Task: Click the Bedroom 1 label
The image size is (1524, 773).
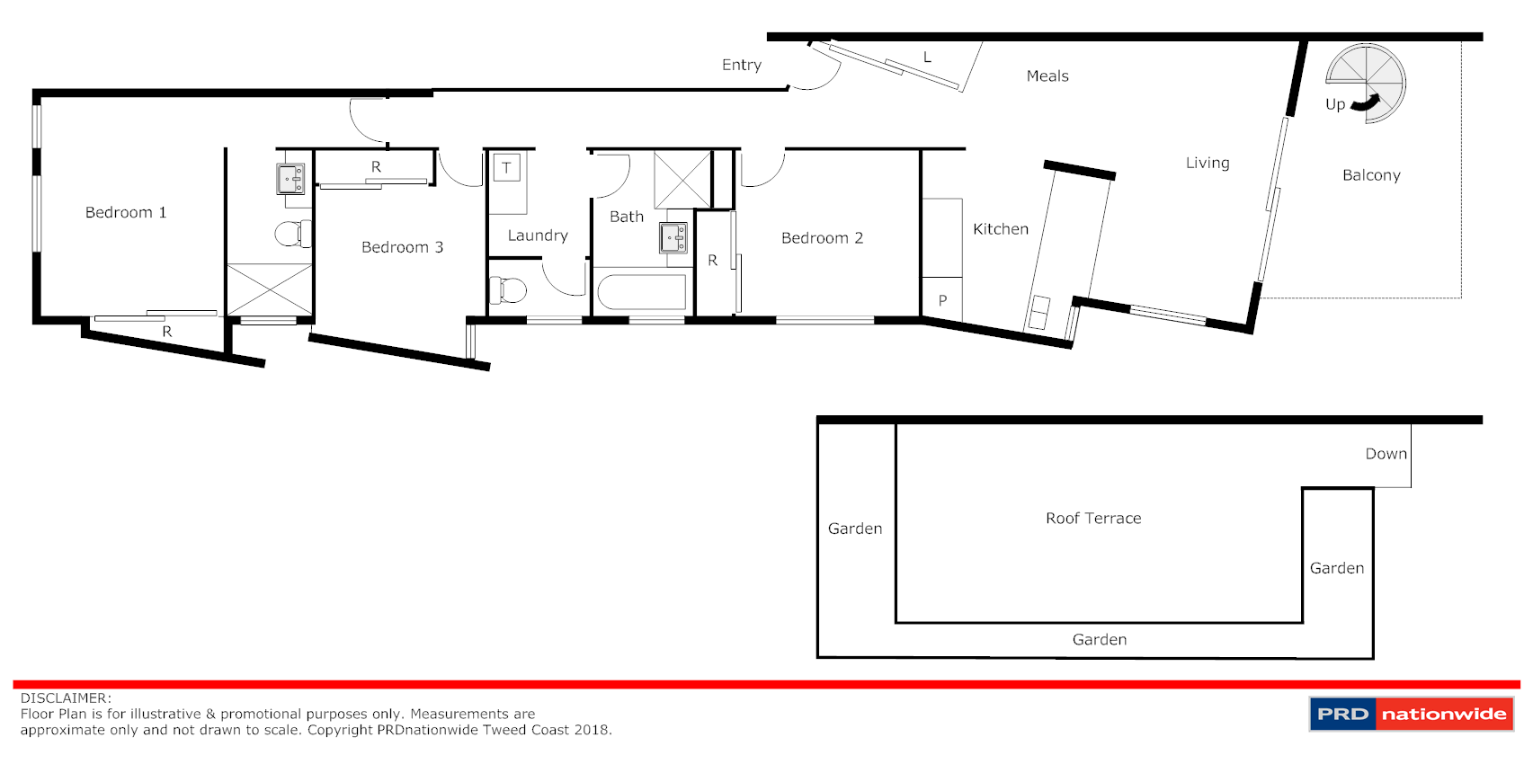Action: tap(126, 213)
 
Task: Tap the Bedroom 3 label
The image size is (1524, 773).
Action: tap(402, 248)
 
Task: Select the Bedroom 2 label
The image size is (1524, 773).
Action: tap(822, 238)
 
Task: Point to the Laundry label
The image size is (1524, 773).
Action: tap(538, 235)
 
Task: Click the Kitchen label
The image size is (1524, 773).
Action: tap(1001, 229)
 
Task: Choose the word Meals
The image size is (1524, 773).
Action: tap(1047, 76)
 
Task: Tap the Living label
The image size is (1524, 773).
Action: tap(1208, 163)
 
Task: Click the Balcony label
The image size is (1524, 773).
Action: tap(1371, 175)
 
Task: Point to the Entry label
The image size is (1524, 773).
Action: tap(742, 65)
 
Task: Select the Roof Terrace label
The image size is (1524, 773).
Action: tap(1093, 519)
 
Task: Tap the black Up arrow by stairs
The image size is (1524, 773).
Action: tap(1366, 104)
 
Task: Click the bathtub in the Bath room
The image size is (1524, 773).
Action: tap(642, 293)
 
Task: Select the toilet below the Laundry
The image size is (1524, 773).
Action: tap(508, 290)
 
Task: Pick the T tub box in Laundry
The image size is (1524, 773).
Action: tap(506, 168)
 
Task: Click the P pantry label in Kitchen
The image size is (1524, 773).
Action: tap(942, 300)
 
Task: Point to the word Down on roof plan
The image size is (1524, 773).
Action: tap(1386, 454)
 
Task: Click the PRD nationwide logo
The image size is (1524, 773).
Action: tap(1411, 715)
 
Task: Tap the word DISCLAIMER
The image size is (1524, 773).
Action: tap(66, 698)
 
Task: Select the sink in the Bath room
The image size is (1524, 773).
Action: tap(673, 238)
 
